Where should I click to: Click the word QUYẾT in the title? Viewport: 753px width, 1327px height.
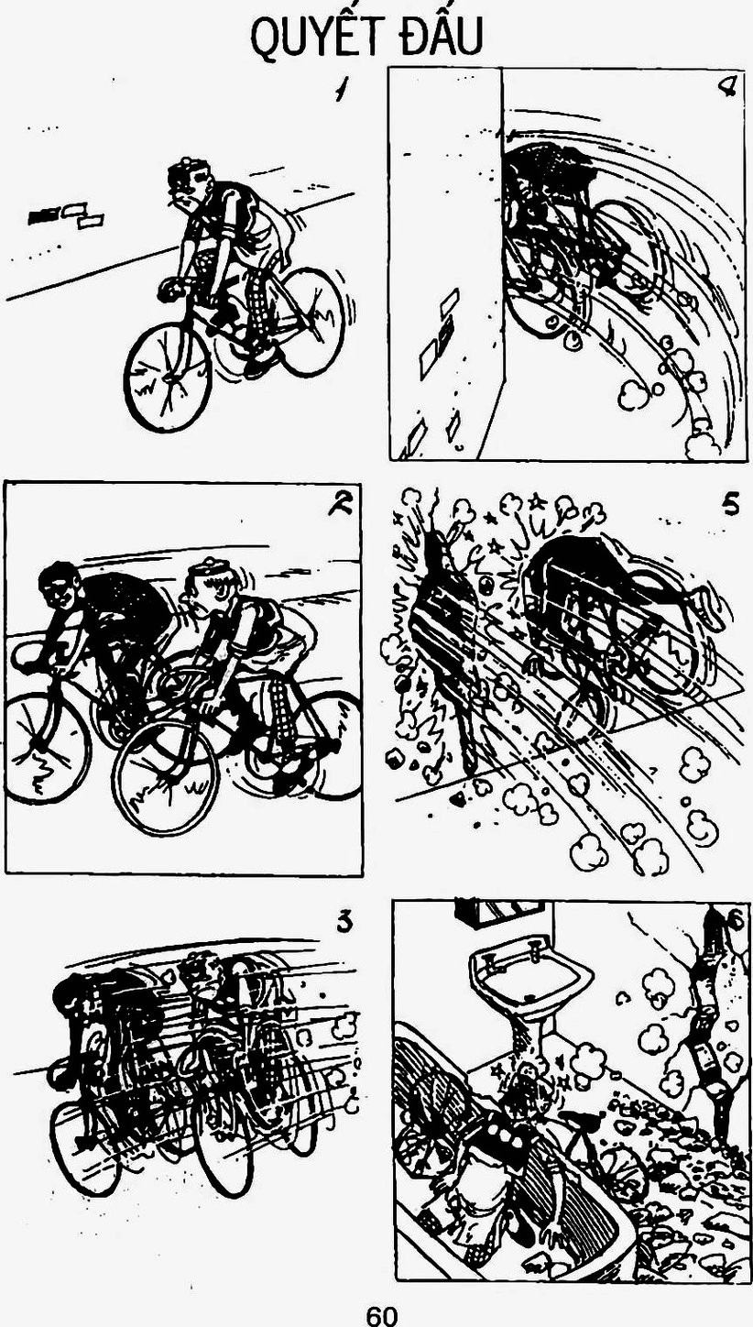coord(312,36)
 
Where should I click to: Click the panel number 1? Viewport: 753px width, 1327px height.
coord(340,91)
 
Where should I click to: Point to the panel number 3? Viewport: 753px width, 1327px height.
coord(345,922)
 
